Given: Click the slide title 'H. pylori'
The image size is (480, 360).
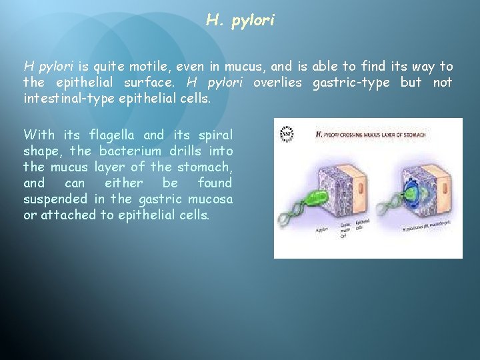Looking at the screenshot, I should click(x=240, y=21).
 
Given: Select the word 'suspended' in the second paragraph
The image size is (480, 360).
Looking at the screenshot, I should click(x=55, y=199).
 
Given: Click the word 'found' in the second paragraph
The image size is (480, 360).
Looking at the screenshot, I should click(x=215, y=183).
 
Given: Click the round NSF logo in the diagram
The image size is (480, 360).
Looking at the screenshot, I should click(x=287, y=133).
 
